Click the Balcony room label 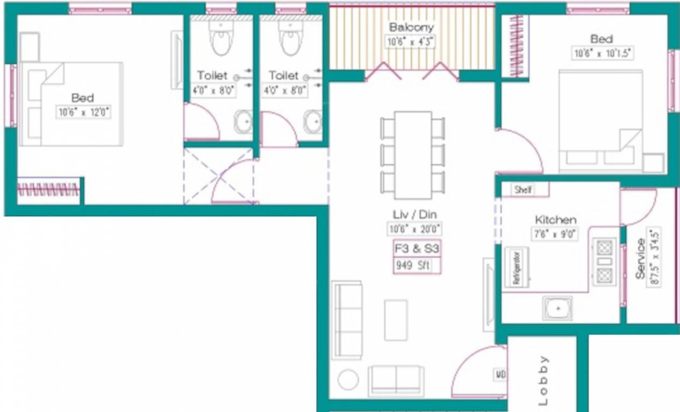pos(411,27)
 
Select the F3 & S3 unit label pos(417,249)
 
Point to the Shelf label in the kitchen pos(523,190)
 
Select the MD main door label pos(500,374)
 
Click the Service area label pos(640,259)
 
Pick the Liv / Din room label pos(414,215)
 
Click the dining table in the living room pos(413,154)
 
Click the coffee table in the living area pos(396,320)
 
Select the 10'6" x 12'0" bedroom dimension pos(83,113)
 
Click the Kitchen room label pos(555,220)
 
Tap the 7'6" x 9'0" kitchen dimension pos(556,234)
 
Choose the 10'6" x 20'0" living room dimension pos(415,229)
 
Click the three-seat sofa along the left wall pos(347,320)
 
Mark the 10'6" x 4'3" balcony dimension pos(411,41)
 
